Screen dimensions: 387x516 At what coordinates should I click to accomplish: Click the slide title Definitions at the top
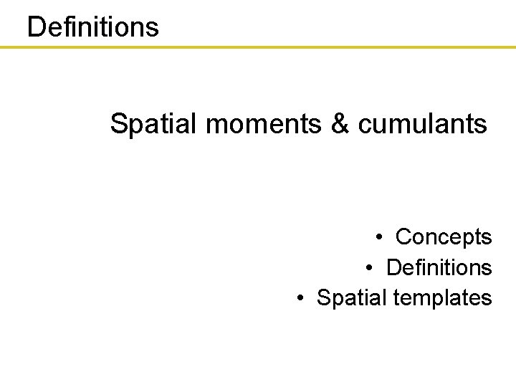tap(92, 27)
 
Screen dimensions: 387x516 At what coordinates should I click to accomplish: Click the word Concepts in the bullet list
tap(444, 236)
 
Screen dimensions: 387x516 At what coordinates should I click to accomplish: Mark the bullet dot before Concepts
tap(379, 237)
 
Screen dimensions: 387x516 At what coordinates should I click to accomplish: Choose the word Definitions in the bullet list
tap(439, 267)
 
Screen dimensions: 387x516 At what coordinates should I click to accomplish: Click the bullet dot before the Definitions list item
tap(370, 268)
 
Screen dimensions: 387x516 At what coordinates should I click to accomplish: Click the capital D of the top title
tap(35, 27)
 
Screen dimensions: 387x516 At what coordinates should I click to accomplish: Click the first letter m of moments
tap(214, 126)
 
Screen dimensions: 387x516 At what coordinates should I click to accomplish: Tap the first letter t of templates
tap(398, 297)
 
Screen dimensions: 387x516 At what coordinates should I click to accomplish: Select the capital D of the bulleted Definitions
tap(393, 267)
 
